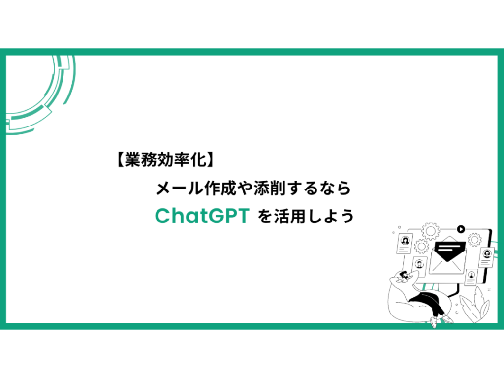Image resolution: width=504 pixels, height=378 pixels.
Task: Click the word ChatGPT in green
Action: click(x=202, y=216)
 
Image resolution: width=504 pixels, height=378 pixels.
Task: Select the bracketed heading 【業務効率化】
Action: click(x=164, y=159)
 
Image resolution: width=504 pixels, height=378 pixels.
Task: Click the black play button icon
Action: click(x=461, y=229)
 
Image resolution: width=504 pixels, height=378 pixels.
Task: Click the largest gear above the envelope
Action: click(x=430, y=231)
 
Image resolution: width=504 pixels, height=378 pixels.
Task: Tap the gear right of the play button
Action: click(x=474, y=240)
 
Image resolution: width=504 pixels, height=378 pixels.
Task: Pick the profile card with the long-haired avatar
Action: click(x=405, y=243)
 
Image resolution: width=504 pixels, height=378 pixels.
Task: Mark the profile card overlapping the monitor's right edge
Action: click(x=487, y=257)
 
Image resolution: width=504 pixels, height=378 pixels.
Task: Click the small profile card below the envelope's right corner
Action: click(x=471, y=277)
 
